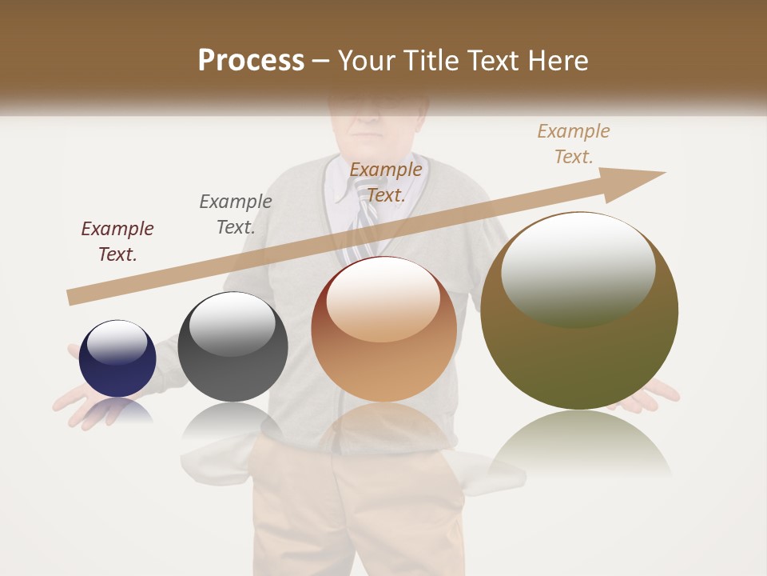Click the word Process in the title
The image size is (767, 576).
251,61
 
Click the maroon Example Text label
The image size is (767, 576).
117,241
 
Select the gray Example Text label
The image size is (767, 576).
236,214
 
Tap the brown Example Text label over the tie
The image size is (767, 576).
386,182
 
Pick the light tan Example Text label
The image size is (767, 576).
574,143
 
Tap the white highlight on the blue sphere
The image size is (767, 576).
117,342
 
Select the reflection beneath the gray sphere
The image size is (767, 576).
232,420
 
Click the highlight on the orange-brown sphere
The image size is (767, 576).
383,298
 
